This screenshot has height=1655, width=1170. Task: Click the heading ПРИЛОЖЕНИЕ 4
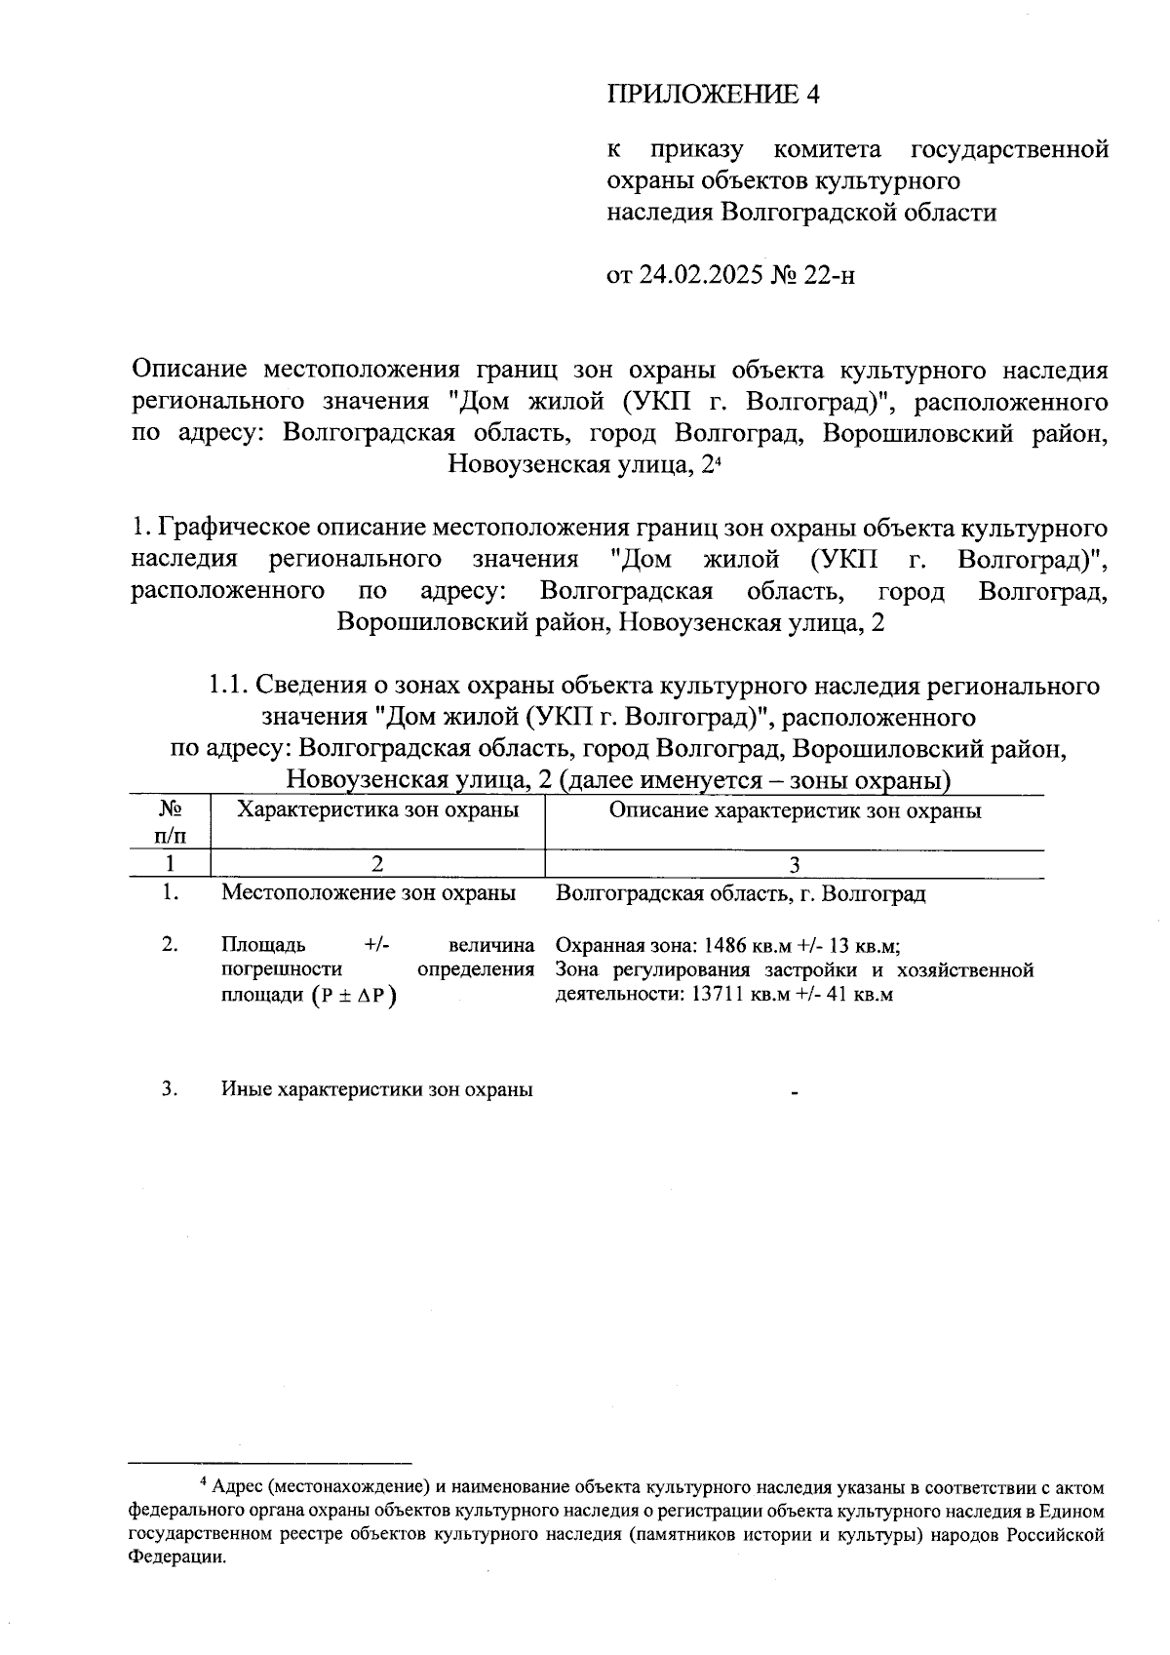coord(714,95)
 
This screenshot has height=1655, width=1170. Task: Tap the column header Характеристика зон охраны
coord(378,809)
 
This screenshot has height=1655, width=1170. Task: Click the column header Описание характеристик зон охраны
coord(795,809)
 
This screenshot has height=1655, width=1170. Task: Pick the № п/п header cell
coord(171,822)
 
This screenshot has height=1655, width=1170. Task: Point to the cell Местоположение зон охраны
coord(369,892)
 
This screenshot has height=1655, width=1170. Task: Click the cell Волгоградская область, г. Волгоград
coord(740,892)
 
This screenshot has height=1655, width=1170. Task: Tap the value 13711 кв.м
coord(738,995)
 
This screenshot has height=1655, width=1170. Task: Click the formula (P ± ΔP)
coord(355,996)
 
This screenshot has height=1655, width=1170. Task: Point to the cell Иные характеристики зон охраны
coord(376,1089)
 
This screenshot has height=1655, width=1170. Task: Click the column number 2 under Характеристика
coord(378,864)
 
